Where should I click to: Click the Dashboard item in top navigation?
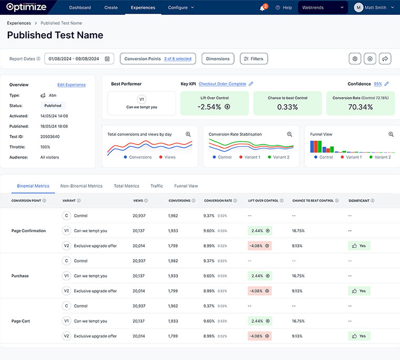(80, 7)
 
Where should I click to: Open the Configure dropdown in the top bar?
(181, 7)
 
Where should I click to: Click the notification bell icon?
(262, 8)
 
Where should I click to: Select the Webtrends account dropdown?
(323, 7)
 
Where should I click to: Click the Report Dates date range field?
(79, 59)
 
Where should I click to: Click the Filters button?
(254, 59)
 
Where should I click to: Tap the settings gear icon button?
(355, 59)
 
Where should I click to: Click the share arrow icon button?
(385, 59)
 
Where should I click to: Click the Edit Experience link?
(71, 85)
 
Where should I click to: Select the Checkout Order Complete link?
(222, 84)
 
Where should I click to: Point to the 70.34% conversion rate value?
(360, 107)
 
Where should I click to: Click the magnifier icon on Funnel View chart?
(391, 134)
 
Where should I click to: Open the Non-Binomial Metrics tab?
(81, 186)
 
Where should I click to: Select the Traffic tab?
(156, 186)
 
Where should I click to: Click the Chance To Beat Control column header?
(313, 201)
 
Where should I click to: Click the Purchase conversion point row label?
(20, 276)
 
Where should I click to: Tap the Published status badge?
(53, 105)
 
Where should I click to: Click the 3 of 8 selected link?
(177, 59)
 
